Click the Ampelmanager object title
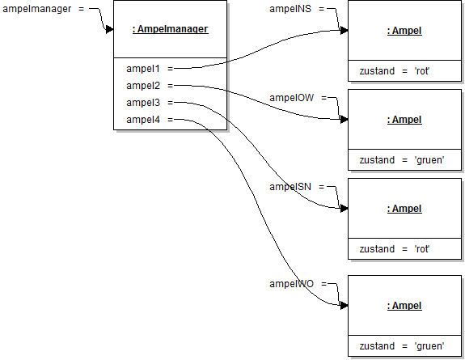170,30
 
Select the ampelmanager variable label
37,8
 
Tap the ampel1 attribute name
143,69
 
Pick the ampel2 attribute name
143,86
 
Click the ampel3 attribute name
143,103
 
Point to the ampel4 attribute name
143,120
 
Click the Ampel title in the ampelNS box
404,31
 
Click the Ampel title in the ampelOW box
404,120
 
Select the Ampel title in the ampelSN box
404,209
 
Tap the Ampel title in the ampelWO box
404,306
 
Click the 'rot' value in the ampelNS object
421,71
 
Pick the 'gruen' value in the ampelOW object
428,160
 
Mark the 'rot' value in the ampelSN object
421,249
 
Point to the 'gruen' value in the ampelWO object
428,346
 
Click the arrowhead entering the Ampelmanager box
109,30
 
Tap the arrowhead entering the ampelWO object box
344,306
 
